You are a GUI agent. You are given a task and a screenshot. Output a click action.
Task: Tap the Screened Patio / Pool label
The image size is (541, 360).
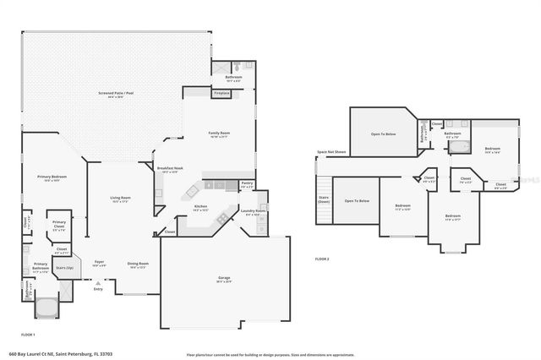point(117,95)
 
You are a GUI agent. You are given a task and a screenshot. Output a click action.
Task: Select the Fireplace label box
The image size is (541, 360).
point(221,92)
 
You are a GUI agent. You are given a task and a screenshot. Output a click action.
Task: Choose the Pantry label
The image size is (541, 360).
point(247,183)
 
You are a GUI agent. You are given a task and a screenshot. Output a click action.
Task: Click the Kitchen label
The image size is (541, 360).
point(201,206)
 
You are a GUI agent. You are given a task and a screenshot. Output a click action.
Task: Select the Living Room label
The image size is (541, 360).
point(120,199)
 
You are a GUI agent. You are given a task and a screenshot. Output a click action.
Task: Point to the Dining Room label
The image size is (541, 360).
point(137,265)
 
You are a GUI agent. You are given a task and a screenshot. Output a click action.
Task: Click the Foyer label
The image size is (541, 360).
point(99,263)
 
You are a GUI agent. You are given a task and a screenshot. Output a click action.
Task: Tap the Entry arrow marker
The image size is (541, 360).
point(97,282)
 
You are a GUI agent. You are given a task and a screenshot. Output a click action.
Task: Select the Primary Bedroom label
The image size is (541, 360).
point(52,177)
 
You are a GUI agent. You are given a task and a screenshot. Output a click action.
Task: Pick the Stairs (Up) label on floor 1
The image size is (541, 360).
point(64,268)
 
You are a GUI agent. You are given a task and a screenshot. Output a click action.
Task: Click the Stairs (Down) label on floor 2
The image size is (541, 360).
point(323,199)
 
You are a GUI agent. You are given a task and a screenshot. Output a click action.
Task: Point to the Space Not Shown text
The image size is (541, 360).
point(331,152)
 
